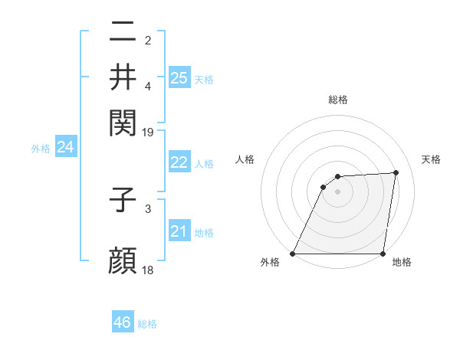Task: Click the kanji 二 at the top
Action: click(123, 32)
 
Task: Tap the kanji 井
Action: click(123, 76)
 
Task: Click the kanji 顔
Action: click(123, 260)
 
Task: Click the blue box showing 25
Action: click(179, 78)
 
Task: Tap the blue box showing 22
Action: click(179, 162)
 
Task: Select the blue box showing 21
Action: click(179, 231)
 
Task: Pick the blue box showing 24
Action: click(65, 147)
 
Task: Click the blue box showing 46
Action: click(123, 322)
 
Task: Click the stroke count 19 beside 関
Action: click(148, 132)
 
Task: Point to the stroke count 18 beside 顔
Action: click(148, 270)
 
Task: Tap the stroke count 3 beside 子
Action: click(148, 208)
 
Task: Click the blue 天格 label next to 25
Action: click(204, 80)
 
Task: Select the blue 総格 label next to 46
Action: click(147, 324)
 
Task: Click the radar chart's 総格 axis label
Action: click(338, 100)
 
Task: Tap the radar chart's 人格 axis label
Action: click(245, 159)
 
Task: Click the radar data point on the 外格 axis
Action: click(293, 254)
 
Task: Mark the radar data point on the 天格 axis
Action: click(396, 172)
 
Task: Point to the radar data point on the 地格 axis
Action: click(383, 254)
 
